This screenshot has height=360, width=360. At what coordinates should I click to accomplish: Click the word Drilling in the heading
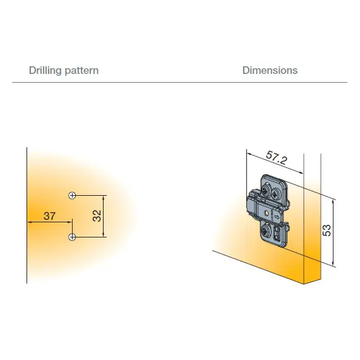45,70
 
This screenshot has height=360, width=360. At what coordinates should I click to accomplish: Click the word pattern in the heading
81,71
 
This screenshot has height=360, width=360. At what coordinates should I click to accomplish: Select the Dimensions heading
270,70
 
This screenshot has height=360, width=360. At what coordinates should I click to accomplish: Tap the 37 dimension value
50,216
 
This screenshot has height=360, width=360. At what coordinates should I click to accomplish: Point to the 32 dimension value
97,215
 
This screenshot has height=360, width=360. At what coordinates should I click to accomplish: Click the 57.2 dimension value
277,158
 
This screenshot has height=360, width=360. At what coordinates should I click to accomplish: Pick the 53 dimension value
327,231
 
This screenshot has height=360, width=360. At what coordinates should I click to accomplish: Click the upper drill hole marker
73,196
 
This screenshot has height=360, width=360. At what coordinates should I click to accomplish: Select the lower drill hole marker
73,237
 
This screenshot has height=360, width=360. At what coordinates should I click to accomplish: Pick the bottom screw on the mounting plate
267,231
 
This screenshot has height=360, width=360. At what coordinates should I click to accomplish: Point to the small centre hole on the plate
267,213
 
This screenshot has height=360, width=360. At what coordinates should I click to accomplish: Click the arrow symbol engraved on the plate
276,217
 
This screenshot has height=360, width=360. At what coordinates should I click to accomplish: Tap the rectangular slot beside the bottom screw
277,233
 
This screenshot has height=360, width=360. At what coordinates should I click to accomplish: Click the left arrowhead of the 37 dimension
29,222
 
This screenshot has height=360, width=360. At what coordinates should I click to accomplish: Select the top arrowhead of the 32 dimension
104,198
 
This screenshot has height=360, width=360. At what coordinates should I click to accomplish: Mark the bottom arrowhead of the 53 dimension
333,263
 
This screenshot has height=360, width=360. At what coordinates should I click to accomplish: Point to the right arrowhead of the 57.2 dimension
301,172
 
